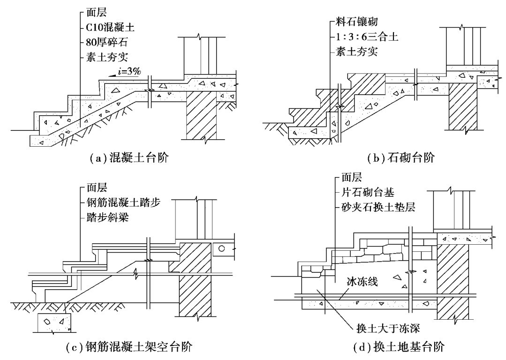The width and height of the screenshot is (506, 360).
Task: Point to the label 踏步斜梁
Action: [107, 217]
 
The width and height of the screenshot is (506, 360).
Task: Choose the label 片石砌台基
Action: [368, 192]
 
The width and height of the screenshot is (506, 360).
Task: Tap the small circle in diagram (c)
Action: [221, 248]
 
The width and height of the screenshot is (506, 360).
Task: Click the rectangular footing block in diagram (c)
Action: [54, 322]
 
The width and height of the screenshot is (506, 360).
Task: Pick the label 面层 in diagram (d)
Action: [352, 177]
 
